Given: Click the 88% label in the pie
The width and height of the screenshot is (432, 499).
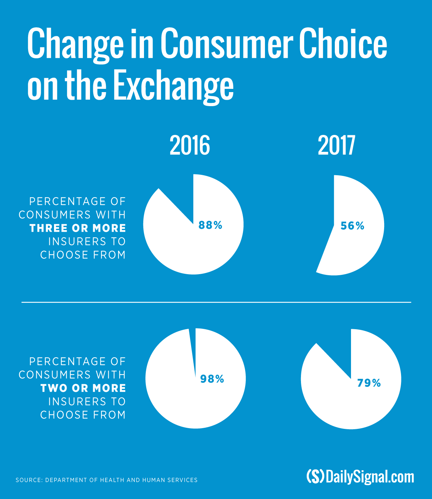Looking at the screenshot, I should (x=210, y=226).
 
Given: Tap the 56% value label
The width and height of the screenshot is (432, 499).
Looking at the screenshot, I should (x=352, y=226).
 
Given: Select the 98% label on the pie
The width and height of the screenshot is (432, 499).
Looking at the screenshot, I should (x=212, y=379).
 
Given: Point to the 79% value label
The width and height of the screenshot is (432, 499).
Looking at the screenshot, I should (x=369, y=383).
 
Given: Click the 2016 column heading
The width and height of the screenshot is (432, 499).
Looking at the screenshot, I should (x=190, y=146).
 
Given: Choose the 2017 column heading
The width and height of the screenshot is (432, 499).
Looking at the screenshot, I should (x=336, y=146).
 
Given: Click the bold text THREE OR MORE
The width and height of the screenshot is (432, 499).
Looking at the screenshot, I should (x=78, y=228).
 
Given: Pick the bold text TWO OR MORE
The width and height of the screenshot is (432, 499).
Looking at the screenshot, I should (x=83, y=388).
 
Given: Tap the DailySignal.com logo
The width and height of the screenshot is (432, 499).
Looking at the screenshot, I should (x=360, y=477).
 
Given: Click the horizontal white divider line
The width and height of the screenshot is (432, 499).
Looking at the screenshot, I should (x=216, y=303).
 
